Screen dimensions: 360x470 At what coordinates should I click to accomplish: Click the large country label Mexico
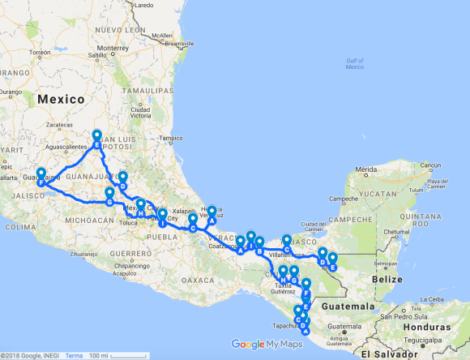tap(61, 99)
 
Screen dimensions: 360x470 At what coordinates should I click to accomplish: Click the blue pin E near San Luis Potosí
tap(96, 136)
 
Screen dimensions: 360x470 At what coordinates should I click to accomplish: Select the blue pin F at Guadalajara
tap(41, 174)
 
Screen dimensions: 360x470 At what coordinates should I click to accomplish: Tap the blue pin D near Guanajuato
tap(122, 178)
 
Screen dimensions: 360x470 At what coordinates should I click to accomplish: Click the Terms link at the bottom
tap(74, 355)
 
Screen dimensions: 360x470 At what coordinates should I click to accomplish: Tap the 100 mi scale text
tap(100, 355)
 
